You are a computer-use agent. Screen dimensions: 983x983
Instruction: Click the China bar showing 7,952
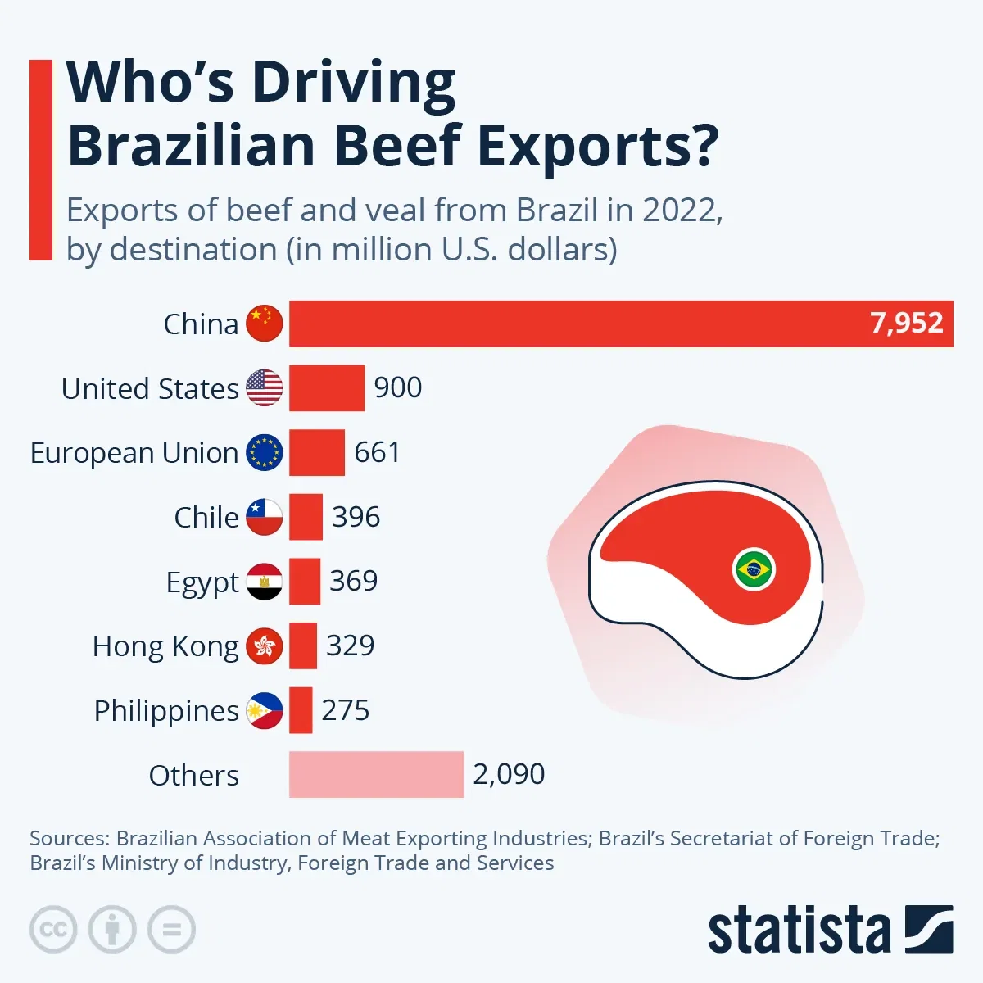(x=621, y=324)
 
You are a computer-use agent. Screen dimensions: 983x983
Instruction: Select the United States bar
(x=326, y=388)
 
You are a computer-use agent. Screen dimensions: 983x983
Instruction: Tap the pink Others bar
(x=376, y=774)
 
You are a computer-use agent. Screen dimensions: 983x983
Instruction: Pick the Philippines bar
(x=301, y=710)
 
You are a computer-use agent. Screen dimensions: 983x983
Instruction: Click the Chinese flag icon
(x=265, y=324)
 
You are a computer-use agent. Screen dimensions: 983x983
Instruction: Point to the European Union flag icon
(x=265, y=452)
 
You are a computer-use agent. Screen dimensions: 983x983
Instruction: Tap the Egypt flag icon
(x=265, y=582)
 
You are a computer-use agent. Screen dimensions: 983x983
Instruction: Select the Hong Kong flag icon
(x=265, y=646)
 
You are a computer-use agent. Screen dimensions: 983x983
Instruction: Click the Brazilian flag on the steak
(x=754, y=569)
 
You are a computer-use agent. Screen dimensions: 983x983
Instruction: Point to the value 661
(x=377, y=452)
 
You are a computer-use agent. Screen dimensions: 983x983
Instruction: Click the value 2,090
(x=509, y=774)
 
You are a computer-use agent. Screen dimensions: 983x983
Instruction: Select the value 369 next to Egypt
(x=353, y=581)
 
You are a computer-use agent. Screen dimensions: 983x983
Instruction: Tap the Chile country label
(x=206, y=518)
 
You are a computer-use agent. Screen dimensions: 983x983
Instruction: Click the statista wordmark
(x=799, y=931)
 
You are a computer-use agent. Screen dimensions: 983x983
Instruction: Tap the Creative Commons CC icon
(x=53, y=930)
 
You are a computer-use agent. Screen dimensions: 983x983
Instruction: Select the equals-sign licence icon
(x=171, y=930)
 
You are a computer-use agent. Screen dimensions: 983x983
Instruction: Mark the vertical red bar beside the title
(x=40, y=160)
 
